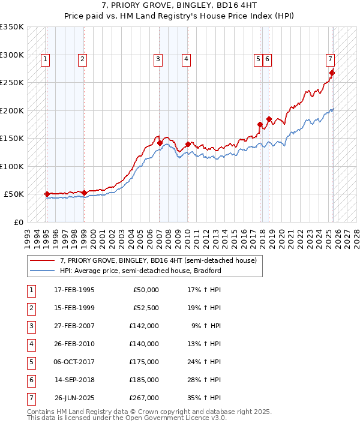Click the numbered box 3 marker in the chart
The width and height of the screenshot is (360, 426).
click(x=157, y=59)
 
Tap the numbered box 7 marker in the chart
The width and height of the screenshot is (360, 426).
click(x=330, y=59)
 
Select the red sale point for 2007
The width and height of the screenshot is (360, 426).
click(x=160, y=143)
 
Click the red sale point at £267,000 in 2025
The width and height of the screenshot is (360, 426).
click(x=332, y=73)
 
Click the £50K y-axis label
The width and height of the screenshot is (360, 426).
click(x=14, y=194)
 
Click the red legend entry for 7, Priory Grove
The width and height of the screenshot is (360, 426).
click(x=158, y=260)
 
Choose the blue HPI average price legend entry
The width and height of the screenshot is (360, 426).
click(x=140, y=271)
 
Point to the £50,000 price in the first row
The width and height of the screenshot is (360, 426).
click(x=146, y=290)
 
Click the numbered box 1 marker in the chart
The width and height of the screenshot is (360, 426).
click(x=46, y=59)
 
